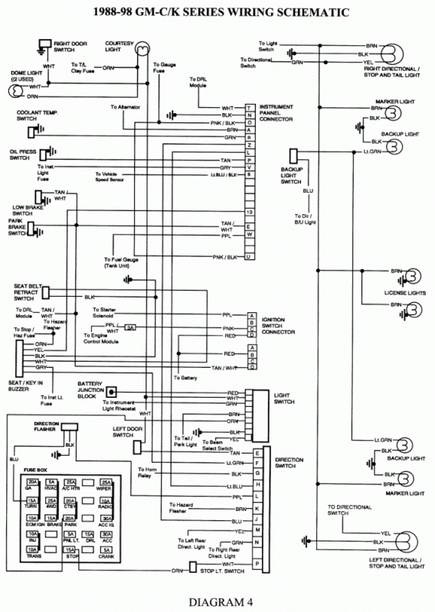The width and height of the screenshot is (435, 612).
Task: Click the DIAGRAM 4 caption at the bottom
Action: point(217,598)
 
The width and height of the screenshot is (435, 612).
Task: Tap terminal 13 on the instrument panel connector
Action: point(250,211)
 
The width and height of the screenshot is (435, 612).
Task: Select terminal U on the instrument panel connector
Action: point(250,257)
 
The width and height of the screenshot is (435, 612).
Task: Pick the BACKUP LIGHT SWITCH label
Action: point(292,173)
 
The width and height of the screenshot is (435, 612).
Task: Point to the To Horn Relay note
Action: point(148,471)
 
